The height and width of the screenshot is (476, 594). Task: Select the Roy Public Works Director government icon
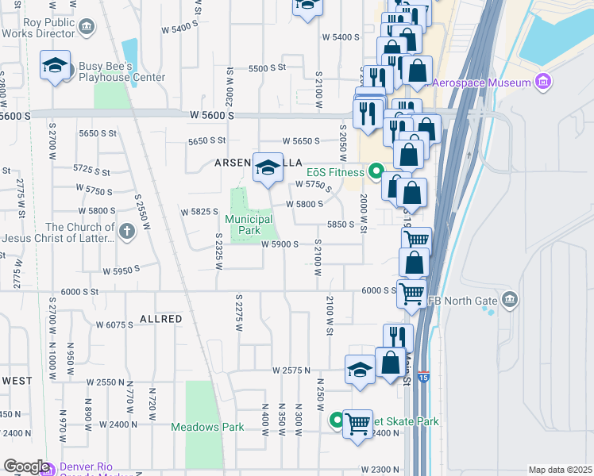click(x=87, y=28)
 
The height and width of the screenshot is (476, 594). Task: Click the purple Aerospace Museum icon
click(x=544, y=83)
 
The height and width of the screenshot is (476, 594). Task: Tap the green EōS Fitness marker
click(x=376, y=171)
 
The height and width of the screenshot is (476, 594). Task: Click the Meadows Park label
click(x=207, y=427)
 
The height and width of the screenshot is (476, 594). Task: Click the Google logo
click(x=25, y=466)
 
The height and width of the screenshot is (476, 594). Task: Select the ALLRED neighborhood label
click(x=161, y=319)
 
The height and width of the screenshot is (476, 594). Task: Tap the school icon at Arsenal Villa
click(x=268, y=167)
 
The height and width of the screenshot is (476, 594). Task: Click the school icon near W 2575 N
click(x=360, y=370)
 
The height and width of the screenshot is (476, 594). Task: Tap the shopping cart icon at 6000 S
click(x=411, y=294)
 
